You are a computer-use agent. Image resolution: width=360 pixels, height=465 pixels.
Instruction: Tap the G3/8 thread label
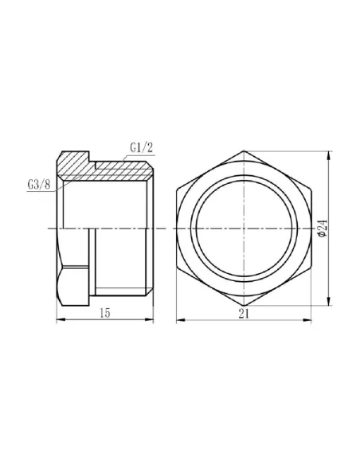[x=38, y=186]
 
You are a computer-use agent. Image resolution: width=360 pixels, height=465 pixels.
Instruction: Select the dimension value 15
[x=105, y=314]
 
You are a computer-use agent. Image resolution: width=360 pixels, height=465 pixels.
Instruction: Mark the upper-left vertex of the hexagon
[x=175, y=189]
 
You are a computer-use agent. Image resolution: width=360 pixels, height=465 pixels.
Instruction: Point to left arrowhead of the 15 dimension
[x=57, y=320]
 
